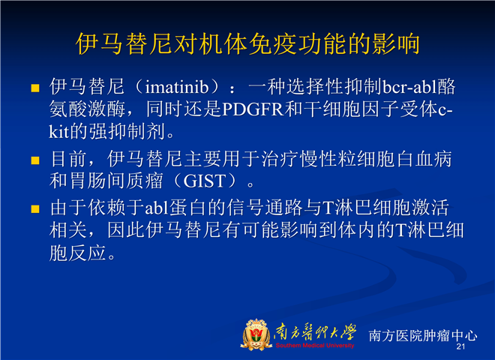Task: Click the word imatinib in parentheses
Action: (177, 87)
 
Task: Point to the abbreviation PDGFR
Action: (253, 109)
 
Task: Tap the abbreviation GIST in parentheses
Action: (205, 181)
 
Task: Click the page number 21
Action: (460, 346)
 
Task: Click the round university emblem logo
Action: (256, 334)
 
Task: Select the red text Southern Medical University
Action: (315, 346)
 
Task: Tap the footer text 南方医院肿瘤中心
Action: (423, 335)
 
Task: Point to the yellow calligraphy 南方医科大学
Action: (315, 332)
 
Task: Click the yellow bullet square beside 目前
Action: (35, 160)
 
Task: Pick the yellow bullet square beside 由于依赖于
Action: (35, 209)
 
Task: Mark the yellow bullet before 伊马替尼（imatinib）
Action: (35, 88)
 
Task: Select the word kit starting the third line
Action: (59, 132)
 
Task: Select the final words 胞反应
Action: (77, 253)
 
